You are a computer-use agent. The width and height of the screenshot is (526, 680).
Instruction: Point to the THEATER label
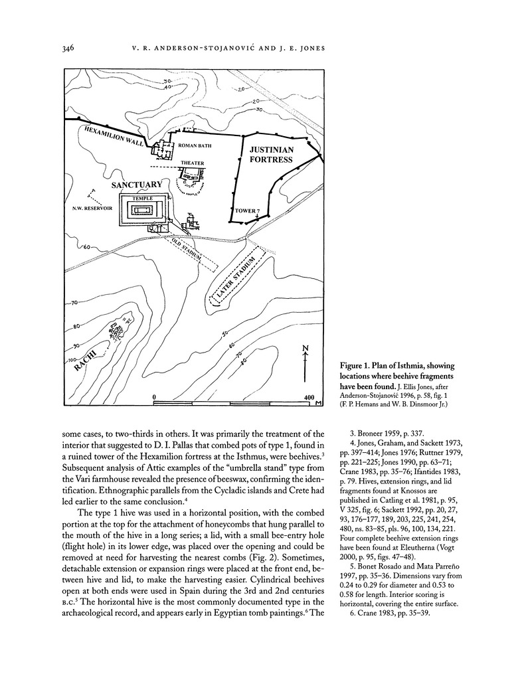click(x=191, y=163)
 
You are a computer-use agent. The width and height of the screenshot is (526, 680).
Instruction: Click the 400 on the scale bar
click(x=308, y=396)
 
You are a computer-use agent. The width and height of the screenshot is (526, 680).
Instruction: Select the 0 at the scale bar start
click(x=154, y=396)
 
